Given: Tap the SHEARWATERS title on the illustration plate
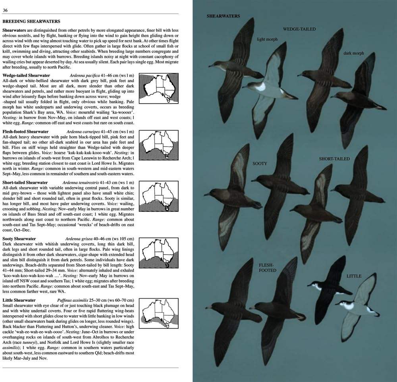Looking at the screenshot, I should (x=223, y=16).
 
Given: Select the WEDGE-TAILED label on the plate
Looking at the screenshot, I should (x=299, y=29).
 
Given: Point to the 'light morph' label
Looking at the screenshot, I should (x=267, y=39).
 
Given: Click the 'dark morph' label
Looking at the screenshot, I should (x=353, y=53).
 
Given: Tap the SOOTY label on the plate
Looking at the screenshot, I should (x=260, y=164).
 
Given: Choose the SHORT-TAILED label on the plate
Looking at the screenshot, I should (x=334, y=159).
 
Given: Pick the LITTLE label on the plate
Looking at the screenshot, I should (x=354, y=276).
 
